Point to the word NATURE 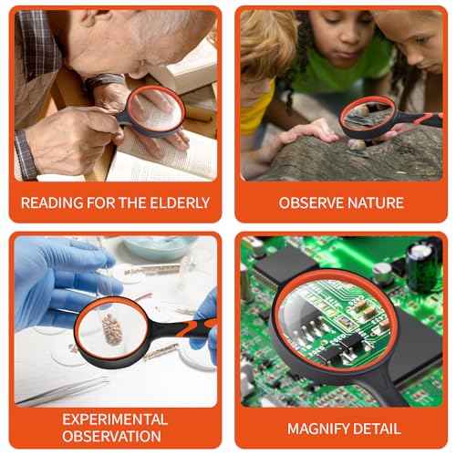[x=376, y=202]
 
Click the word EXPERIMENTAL [x=115, y=420]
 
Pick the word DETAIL [x=377, y=428]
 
